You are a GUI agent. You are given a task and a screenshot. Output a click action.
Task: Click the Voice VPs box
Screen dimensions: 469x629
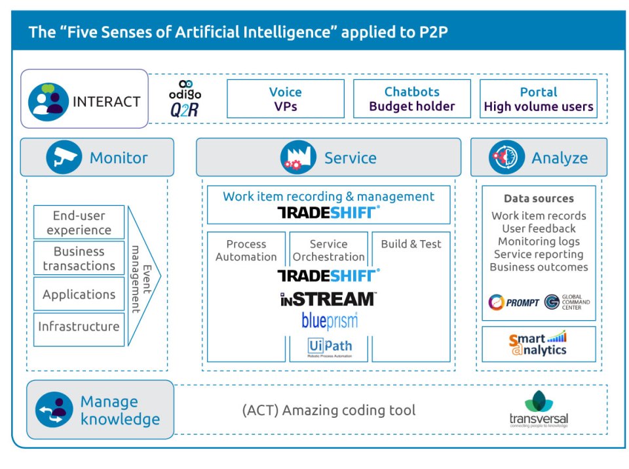click(x=285, y=99)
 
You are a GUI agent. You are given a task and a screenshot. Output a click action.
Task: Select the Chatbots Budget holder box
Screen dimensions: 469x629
click(x=411, y=99)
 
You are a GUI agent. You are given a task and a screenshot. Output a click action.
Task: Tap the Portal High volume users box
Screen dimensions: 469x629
click(x=538, y=99)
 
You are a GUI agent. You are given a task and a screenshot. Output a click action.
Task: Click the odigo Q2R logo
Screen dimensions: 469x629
click(x=185, y=99)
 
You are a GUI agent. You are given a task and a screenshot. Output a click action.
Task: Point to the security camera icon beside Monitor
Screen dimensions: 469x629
click(x=64, y=157)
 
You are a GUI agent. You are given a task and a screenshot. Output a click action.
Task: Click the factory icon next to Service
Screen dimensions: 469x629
click(x=298, y=157)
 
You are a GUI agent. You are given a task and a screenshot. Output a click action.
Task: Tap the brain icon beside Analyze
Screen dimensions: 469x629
click(x=506, y=157)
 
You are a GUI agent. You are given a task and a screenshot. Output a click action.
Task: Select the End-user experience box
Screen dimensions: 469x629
click(x=79, y=222)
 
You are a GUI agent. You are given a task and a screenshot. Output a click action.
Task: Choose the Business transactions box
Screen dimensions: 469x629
click(x=79, y=258)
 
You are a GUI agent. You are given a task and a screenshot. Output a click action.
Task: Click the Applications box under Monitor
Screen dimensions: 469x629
click(x=79, y=295)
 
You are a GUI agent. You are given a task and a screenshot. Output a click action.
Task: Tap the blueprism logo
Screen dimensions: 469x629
click(x=330, y=321)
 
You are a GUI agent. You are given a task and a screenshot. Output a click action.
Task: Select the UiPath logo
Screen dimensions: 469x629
click(x=330, y=347)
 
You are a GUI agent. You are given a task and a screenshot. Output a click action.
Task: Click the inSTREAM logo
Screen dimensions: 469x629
click(x=328, y=299)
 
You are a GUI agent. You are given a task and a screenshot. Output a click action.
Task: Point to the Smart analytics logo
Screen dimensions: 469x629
click(x=538, y=344)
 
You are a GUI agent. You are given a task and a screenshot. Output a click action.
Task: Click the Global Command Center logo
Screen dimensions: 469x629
click(x=567, y=302)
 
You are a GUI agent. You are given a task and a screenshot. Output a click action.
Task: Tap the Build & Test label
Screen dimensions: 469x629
click(x=411, y=244)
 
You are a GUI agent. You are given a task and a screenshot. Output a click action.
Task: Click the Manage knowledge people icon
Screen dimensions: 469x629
click(x=54, y=410)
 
